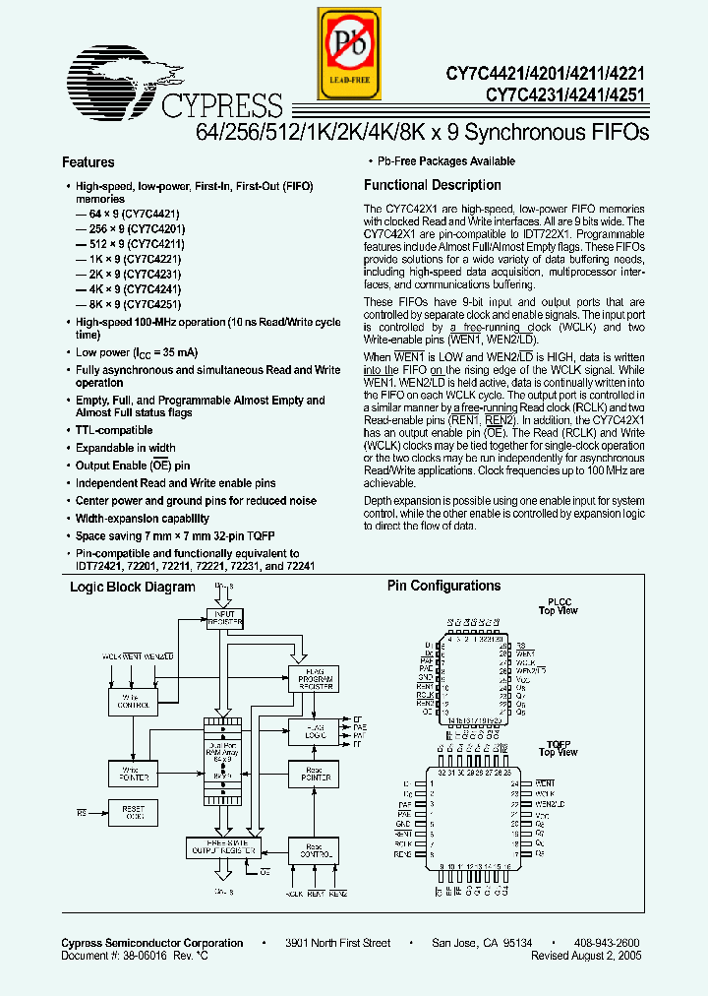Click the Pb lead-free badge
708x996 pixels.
[x=346, y=53]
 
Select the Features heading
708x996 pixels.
[x=88, y=162]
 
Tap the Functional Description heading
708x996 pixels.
[x=432, y=185]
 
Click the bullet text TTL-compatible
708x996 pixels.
[x=114, y=430]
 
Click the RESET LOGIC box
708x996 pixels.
[x=133, y=814]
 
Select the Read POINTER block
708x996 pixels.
[x=312, y=774]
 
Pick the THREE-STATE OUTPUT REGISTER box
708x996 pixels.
[x=223, y=846]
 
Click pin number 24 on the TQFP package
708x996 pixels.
[x=514, y=783]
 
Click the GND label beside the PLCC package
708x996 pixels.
[x=424, y=678]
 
